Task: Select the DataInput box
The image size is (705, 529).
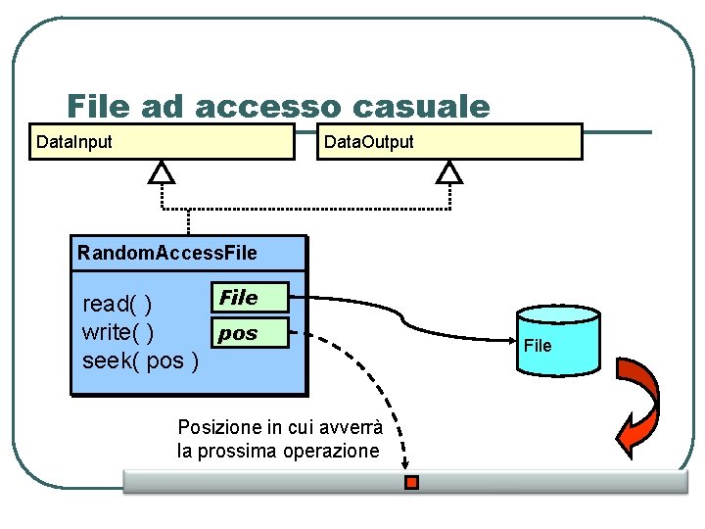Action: point(161,141)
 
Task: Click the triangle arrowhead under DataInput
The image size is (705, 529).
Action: point(162,173)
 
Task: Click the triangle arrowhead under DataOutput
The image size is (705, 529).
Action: point(449,173)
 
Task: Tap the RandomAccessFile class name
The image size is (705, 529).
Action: point(167,253)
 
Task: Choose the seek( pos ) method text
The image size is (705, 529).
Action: point(141,361)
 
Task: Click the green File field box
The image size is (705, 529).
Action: point(250,297)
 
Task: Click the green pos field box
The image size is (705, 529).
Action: point(250,333)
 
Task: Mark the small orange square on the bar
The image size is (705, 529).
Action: point(412,482)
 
